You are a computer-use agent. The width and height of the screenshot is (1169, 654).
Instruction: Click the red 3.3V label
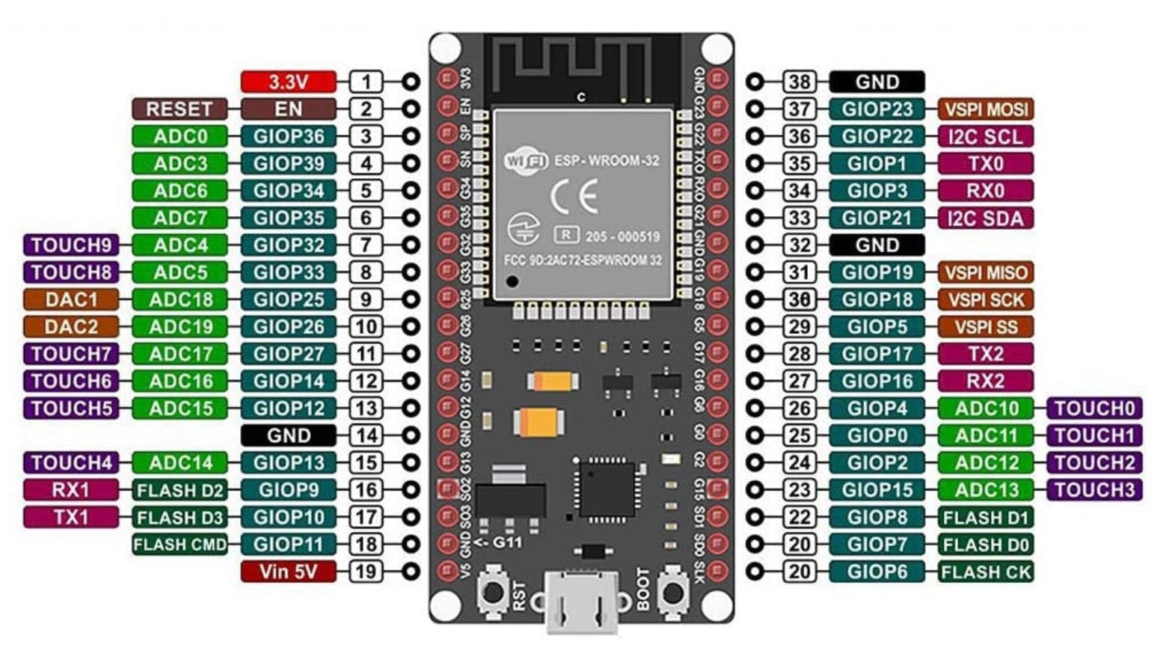288,82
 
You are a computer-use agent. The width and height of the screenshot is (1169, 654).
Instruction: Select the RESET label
180,109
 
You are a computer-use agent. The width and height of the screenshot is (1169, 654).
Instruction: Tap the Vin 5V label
288,572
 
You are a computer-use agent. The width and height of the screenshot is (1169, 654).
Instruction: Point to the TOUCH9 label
71,245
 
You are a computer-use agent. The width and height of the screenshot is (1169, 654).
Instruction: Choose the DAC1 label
71,299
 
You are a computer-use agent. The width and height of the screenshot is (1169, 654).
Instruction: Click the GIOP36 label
288,136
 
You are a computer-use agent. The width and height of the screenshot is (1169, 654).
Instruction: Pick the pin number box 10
366,326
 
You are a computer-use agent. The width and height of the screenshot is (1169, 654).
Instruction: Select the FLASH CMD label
180,544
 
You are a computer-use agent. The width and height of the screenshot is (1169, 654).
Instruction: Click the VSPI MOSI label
986,109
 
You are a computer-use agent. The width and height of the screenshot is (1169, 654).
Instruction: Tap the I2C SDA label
986,218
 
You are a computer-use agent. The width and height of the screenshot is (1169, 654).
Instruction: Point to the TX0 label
986,163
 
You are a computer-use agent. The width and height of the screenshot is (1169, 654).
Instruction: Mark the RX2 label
986,381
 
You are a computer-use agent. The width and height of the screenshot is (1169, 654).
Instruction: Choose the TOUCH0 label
1094,409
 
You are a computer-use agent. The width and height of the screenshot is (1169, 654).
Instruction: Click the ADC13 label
986,490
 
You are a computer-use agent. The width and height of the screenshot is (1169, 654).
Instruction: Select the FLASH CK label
986,572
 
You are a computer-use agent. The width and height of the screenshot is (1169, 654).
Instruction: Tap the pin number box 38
800,82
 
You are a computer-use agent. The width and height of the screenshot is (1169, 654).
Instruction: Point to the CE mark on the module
574,197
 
